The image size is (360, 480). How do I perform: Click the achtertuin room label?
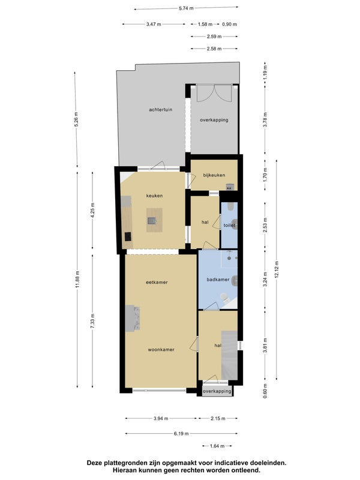tap(160, 110)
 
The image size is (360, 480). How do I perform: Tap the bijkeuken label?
tap(214, 175)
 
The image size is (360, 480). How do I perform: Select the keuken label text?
tap(154, 196)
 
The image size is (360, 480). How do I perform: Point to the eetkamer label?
tap(157, 282)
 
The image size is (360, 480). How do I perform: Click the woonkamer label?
tap(161, 350)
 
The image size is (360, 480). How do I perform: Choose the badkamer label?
tap(218, 280)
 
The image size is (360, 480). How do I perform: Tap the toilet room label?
tap(229, 226)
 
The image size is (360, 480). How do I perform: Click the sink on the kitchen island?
tap(152, 220)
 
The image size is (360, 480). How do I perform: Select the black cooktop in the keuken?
tap(128, 236)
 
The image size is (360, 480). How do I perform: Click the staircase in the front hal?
tap(229, 355)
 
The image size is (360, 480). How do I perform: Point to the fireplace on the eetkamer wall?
tap(132, 318)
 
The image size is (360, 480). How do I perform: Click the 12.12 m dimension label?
tap(277, 269)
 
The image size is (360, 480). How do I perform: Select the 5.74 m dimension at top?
tap(186, 8)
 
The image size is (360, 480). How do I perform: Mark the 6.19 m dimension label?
tap(181, 433)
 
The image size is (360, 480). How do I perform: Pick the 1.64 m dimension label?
tap(217, 446)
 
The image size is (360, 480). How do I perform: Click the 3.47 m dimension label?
tap(154, 24)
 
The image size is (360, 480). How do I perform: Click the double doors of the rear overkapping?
tap(214, 93)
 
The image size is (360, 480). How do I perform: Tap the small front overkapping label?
tap(217, 391)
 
